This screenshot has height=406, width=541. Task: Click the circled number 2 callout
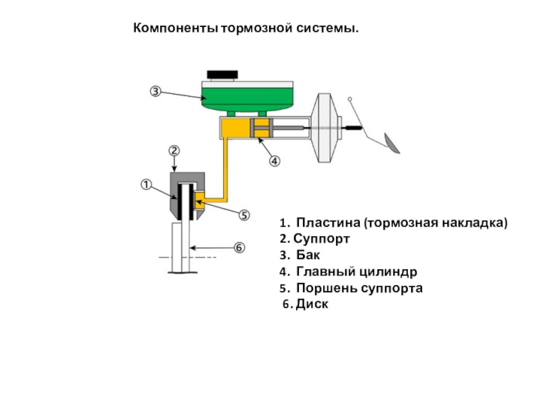point(174,150)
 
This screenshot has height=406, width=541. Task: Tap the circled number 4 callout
point(275,161)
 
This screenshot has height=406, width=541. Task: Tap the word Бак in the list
point(308,255)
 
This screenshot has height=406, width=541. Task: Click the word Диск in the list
point(315,304)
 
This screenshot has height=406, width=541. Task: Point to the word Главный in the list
point(322,271)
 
